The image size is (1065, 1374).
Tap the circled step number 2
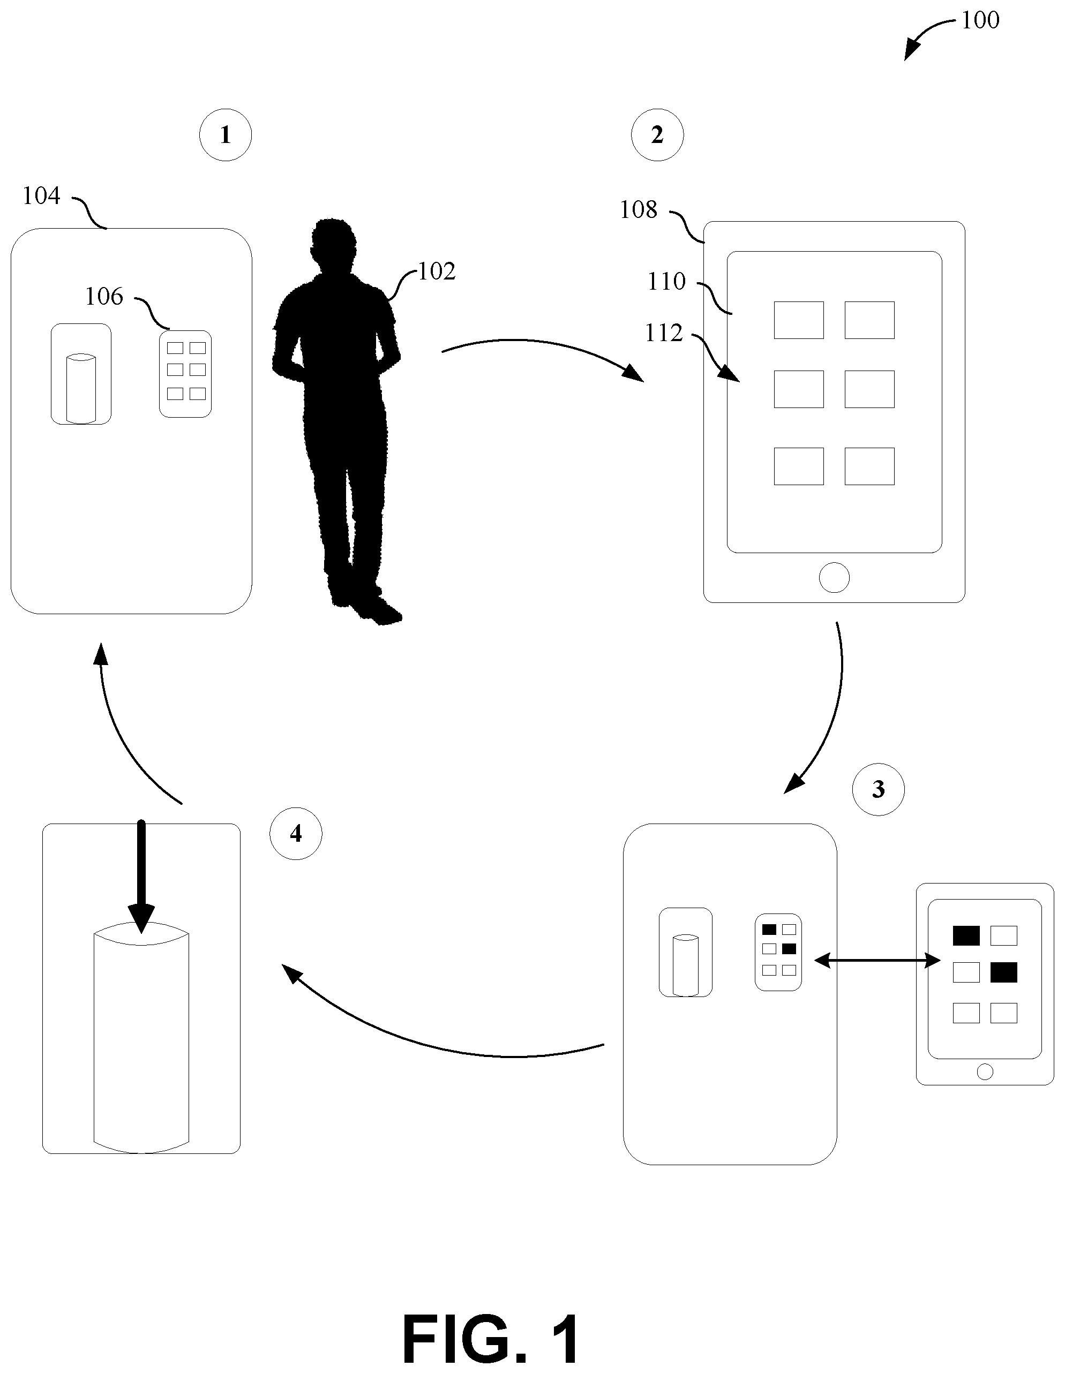pos(657,134)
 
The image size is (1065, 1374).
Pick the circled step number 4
pos(295,834)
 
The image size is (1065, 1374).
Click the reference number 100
pos(980,20)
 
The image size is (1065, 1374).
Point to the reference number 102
pos(436,271)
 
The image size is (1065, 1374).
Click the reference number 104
pos(42,197)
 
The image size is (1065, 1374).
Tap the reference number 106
pos(104,296)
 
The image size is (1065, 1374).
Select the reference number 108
pos(638,209)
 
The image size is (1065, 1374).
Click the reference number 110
pos(666,281)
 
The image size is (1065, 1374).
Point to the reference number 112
pos(664,333)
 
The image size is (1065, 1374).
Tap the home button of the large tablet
pos(834,577)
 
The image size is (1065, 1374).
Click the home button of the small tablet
pos(985,1071)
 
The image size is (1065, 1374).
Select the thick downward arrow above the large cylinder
pos(141,875)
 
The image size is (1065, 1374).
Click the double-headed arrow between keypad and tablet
pos(877,960)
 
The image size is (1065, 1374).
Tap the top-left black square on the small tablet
pos(965,935)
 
